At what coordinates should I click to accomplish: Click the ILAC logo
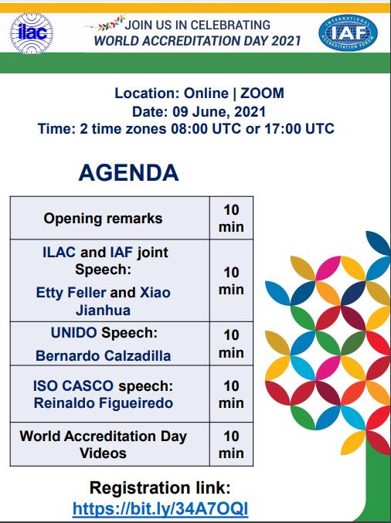click(32, 33)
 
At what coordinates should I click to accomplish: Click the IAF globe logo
click(348, 32)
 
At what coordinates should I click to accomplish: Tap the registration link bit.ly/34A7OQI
click(160, 508)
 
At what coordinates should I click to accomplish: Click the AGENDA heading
click(128, 172)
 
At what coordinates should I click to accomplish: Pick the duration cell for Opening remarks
click(231, 218)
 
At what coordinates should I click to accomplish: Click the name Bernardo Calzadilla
click(103, 356)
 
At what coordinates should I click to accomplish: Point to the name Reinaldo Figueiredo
click(104, 402)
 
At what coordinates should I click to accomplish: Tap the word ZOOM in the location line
click(262, 93)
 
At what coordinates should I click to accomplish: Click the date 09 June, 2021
click(219, 111)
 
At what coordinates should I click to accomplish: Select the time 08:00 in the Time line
click(189, 128)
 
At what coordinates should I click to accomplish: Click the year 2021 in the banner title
click(286, 40)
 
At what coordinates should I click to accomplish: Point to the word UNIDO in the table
click(73, 332)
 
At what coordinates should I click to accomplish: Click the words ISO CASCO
click(73, 386)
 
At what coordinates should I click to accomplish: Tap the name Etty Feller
click(71, 293)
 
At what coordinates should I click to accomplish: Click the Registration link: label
click(160, 487)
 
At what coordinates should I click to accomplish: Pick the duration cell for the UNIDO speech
click(231, 344)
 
